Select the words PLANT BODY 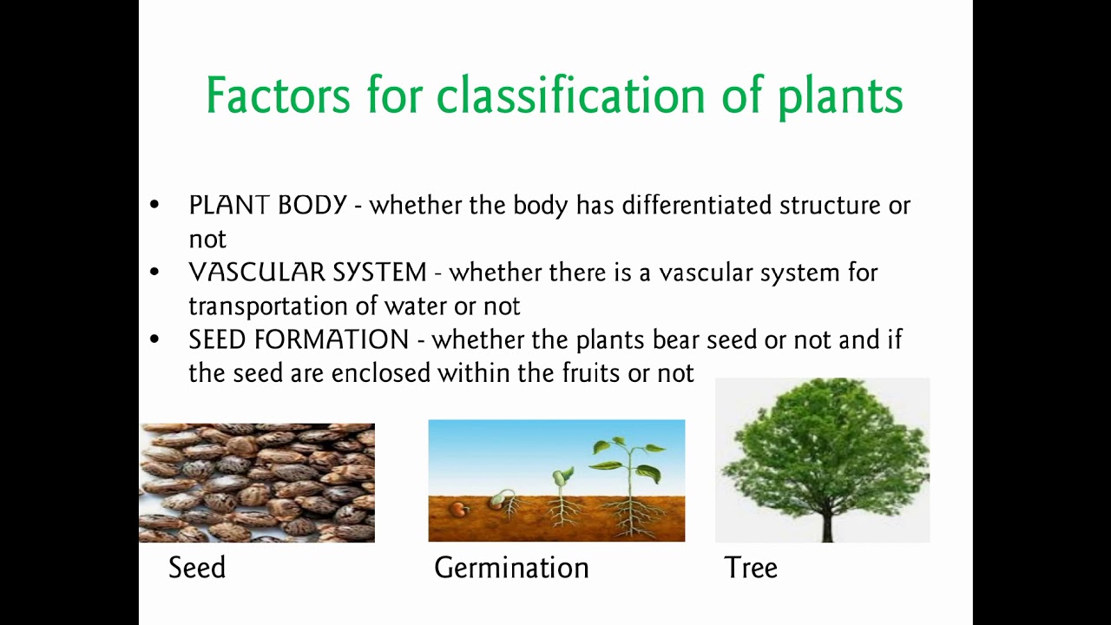pos(267,206)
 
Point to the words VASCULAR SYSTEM pos(307,273)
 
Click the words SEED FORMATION pos(299,339)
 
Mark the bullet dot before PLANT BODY pos(154,206)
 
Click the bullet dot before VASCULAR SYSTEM pos(154,273)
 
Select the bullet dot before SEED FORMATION pos(154,339)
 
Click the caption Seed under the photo pos(197,568)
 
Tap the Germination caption pos(511,568)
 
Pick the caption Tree pos(751,568)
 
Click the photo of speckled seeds pos(257,483)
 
